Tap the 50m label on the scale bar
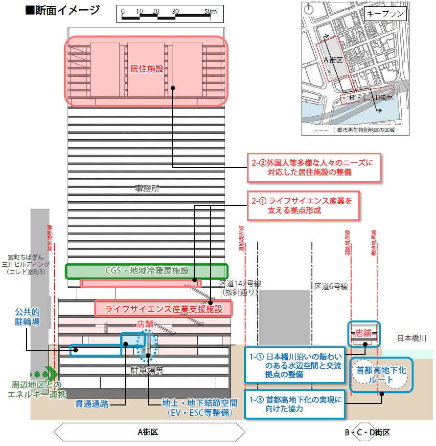click(x=210, y=11)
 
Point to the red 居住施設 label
click(x=147, y=70)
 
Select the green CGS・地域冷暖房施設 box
click(x=147, y=271)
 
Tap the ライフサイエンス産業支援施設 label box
click(x=163, y=309)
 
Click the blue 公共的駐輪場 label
click(x=27, y=317)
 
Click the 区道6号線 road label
click(x=331, y=286)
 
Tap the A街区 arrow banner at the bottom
click(x=148, y=432)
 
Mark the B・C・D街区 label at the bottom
click(x=367, y=432)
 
